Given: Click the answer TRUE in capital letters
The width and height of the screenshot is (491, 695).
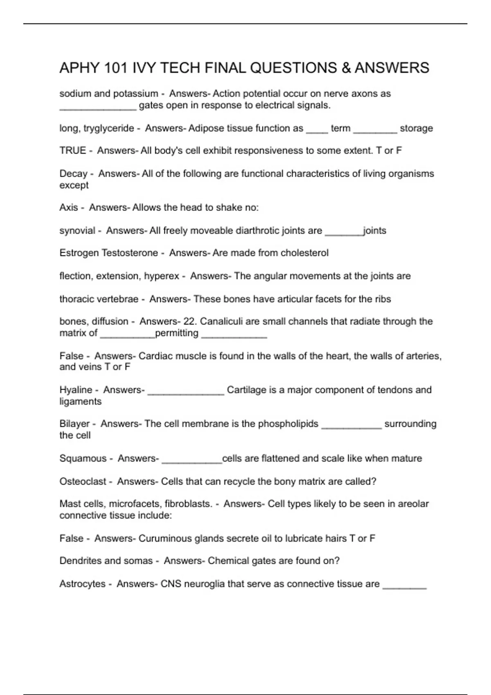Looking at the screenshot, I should tap(72, 150).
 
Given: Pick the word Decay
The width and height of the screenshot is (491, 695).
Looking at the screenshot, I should tap(73, 174).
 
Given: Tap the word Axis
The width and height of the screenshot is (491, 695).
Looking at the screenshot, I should tap(68, 207).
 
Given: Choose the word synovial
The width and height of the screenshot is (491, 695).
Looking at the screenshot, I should tap(77, 231).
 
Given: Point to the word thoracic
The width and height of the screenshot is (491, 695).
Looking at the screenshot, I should tap(77, 299).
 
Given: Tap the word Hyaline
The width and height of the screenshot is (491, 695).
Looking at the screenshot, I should tap(76, 390).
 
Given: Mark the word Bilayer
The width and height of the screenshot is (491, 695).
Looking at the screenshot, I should tap(74, 424).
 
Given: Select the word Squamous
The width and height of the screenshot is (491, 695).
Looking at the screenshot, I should tap(83, 458).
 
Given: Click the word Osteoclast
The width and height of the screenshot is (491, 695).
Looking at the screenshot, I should tap(83, 482).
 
